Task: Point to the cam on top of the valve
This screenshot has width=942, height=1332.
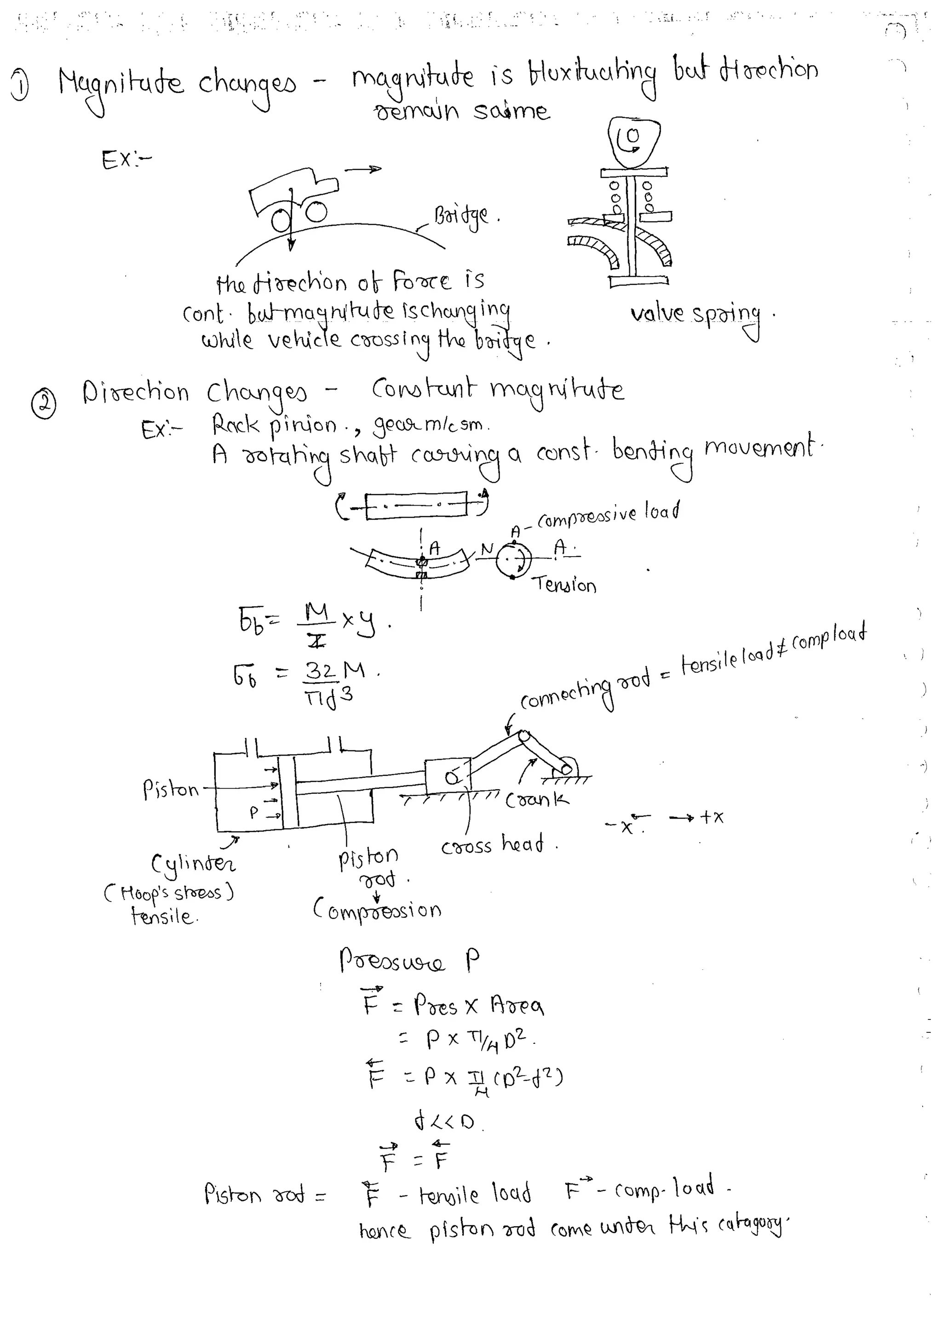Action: tap(634, 141)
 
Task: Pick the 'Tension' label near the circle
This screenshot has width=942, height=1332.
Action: tap(565, 585)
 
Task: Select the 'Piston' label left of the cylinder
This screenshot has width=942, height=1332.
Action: tap(171, 790)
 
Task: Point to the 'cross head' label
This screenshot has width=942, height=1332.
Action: tap(492, 845)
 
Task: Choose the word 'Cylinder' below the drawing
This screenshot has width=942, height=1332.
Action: tap(193, 864)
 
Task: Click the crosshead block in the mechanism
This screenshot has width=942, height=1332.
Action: tap(448, 776)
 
